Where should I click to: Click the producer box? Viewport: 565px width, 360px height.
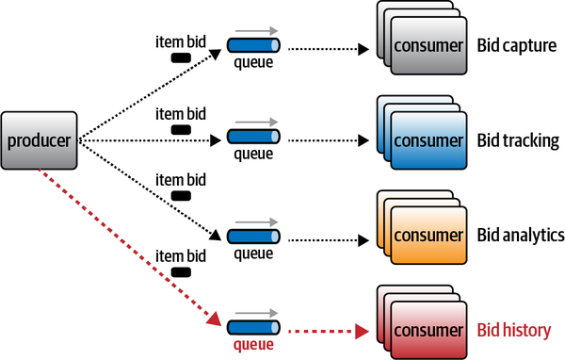tap(40, 141)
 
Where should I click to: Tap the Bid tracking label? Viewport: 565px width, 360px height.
tap(518, 140)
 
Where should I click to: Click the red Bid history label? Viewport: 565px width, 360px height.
tap(516, 331)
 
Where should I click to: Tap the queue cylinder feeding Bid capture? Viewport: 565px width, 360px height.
tap(253, 44)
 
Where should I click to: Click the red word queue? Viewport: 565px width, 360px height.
tap(252, 346)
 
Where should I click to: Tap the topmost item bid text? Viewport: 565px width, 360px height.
tap(179, 42)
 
